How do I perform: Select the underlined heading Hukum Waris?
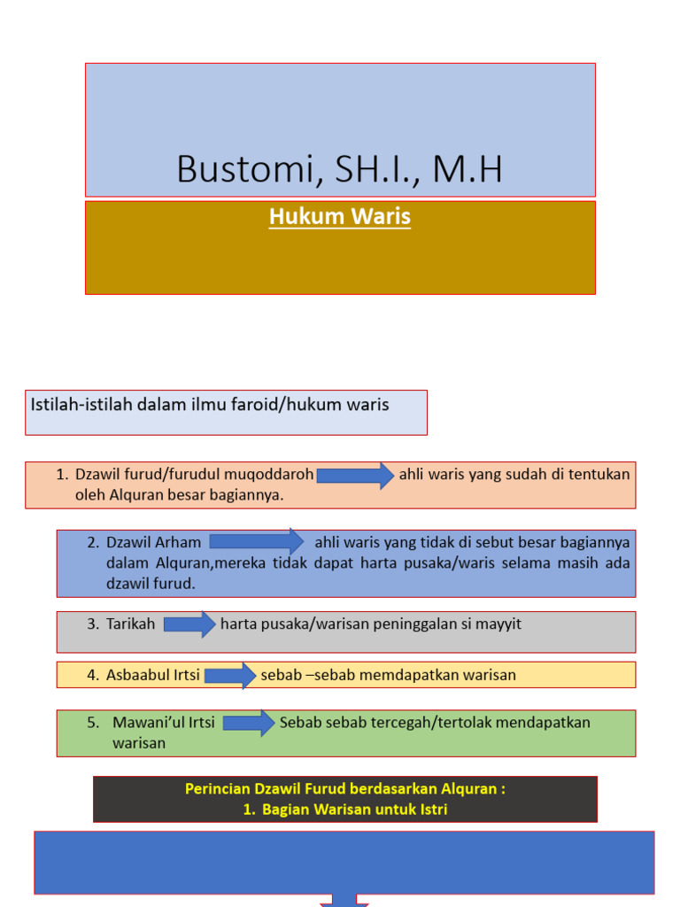tap(340, 216)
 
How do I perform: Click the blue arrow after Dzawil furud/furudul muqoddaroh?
tap(355, 476)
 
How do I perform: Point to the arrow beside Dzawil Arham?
tap(257, 541)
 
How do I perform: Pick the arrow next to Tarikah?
tap(189, 624)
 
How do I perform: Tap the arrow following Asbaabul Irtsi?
tap(230, 676)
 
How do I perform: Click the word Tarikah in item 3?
tap(131, 624)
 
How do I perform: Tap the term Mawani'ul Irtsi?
tap(164, 723)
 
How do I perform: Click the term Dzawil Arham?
tap(154, 542)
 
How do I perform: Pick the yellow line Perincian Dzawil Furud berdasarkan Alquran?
tap(345, 789)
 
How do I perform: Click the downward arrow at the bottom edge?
tap(344, 900)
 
